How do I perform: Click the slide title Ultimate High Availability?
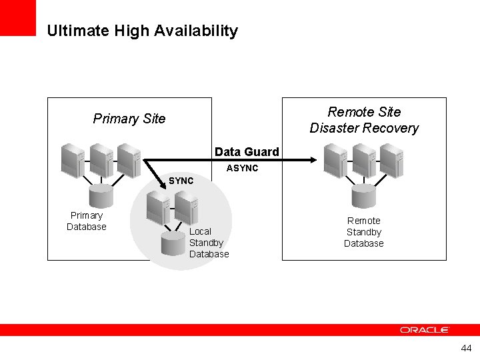(142, 31)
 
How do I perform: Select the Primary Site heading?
(129, 119)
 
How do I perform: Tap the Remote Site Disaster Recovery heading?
(364, 120)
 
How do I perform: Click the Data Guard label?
(247, 152)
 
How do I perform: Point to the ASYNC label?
(242, 168)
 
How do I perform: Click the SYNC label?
(181, 181)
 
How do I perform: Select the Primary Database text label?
(87, 221)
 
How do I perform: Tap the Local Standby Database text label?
(208, 243)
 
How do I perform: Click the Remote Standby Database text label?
(364, 232)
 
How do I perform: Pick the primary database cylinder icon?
(101, 196)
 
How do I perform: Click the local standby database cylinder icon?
(173, 243)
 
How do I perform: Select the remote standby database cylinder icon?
(364, 196)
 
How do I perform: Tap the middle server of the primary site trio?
(101, 160)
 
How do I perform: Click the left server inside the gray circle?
(158, 207)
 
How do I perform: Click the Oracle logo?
(425, 330)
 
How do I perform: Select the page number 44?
(465, 349)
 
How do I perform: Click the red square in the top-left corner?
(17, 17)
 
